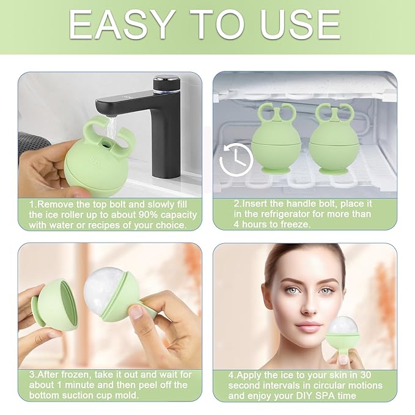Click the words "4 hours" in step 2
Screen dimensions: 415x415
coord(248,224)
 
